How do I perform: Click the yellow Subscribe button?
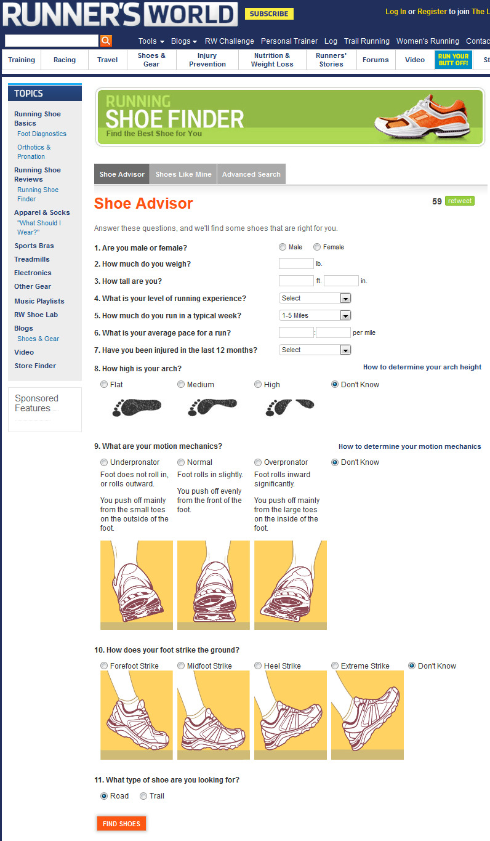[x=269, y=14]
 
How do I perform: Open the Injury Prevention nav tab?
[x=207, y=60]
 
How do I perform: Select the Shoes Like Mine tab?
[x=183, y=174]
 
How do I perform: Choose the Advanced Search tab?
[x=251, y=174]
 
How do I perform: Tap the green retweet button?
[x=460, y=201]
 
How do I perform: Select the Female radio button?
[x=317, y=247]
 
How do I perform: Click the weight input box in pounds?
[x=296, y=264]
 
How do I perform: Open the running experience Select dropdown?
[x=315, y=298]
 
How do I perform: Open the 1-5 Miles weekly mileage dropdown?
[x=315, y=315]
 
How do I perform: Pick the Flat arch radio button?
[x=104, y=384]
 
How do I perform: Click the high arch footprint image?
[x=289, y=407]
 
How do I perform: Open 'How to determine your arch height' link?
[x=422, y=367]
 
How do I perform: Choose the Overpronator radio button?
[x=258, y=462]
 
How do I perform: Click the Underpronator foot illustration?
[x=137, y=585]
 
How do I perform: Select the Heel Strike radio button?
[x=258, y=666]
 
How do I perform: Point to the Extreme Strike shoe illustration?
[x=367, y=715]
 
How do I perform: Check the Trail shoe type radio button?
[x=143, y=796]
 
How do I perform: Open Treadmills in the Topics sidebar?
[x=32, y=259]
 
